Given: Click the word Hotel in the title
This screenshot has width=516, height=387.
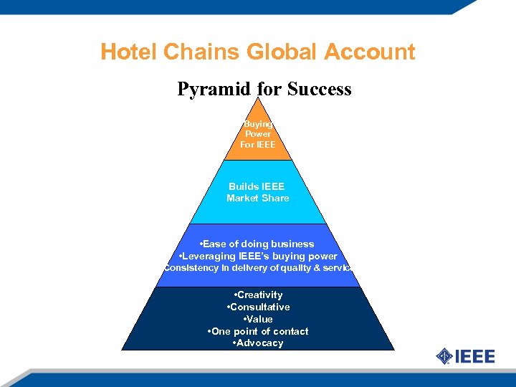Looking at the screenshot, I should [x=129, y=52].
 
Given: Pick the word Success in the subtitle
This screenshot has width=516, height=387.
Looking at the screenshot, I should [x=319, y=90].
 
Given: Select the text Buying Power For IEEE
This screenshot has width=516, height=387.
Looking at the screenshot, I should [x=258, y=134].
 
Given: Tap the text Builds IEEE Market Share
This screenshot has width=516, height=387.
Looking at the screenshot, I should [x=257, y=192].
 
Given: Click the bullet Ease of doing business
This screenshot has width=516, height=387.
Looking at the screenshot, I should [x=257, y=244].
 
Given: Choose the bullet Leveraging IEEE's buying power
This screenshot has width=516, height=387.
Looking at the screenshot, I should [x=257, y=256].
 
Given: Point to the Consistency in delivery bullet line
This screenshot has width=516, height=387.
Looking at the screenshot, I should [x=257, y=268].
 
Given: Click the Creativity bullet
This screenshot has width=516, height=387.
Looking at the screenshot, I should [x=258, y=295].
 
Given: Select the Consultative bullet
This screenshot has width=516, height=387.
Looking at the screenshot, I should [x=258, y=307].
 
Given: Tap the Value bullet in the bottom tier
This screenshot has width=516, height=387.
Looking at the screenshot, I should [x=258, y=319].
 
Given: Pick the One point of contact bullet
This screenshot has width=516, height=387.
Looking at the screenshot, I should [x=258, y=331].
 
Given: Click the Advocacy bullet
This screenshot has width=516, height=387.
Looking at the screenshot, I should [x=258, y=343].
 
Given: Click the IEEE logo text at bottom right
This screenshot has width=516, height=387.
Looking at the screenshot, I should [x=475, y=356].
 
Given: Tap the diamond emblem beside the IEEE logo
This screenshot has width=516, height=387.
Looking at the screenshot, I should [x=444, y=355].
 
